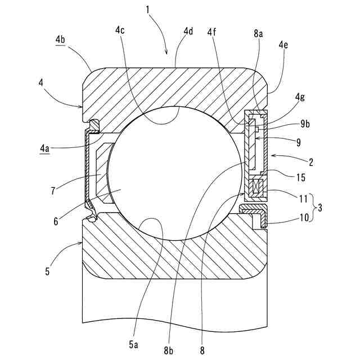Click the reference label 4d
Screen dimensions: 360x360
188,31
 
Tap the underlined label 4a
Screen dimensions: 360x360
45,148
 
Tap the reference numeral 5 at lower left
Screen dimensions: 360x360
47,272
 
